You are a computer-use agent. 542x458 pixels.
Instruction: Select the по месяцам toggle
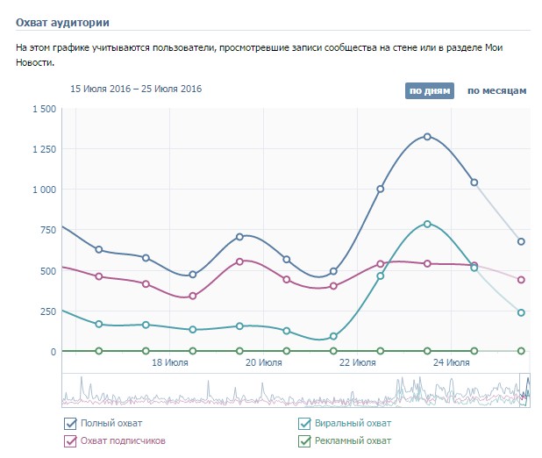(x=496, y=90)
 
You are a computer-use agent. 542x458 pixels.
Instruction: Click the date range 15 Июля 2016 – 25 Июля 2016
(x=136, y=89)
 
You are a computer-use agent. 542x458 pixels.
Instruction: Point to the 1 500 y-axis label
(x=44, y=109)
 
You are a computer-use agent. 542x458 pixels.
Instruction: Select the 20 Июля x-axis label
(x=263, y=362)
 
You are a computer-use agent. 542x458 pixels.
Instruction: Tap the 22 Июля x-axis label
(x=357, y=362)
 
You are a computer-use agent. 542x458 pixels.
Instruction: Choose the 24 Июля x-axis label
(x=451, y=362)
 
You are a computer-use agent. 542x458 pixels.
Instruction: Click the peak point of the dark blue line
(x=427, y=137)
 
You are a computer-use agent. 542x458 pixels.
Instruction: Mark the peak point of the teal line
(x=427, y=224)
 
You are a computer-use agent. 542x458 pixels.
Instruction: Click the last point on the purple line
(x=521, y=280)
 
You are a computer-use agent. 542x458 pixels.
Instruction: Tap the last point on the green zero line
(x=521, y=351)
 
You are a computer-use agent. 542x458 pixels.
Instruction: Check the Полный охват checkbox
(x=70, y=424)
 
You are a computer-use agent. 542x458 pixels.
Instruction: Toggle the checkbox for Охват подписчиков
(x=70, y=440)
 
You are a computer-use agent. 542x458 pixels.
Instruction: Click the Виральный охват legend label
(x=353, y=424)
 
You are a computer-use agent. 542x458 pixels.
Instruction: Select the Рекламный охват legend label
(x=353, y=440)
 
